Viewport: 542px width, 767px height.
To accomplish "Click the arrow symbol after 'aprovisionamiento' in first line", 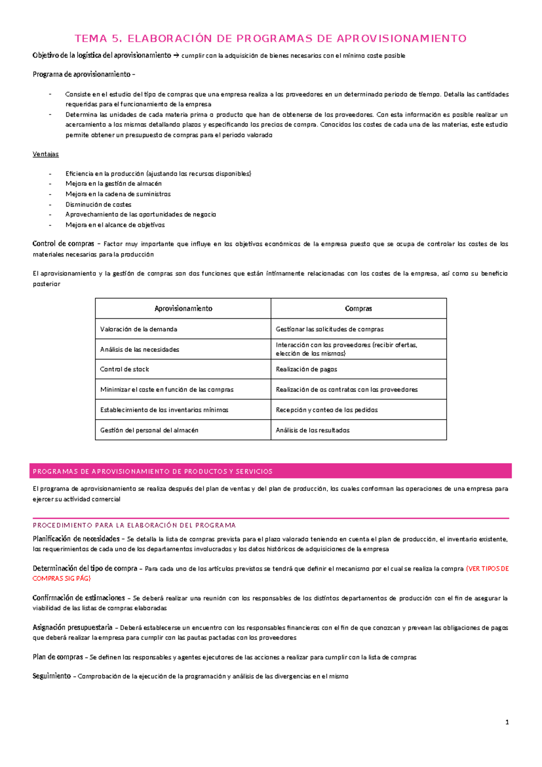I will coord(176,56).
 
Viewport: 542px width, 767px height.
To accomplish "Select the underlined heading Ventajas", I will coord(46,154).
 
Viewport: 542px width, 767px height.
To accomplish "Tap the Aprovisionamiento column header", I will coord(183,308).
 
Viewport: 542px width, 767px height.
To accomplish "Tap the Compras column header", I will coord(358,308).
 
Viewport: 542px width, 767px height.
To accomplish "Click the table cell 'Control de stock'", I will coord(125,369).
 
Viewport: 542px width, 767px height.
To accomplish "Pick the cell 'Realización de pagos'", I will coord(306,369).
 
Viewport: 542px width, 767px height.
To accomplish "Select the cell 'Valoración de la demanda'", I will coord(139,329).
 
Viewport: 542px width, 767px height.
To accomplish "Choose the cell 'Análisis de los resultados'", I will coord(313,430).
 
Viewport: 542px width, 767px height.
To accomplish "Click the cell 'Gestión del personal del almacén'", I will coord(149,430).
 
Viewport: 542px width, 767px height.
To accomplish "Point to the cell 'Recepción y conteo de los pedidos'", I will coord(327,410).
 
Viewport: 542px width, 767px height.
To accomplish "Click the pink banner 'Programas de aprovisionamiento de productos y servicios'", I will coord(270,471).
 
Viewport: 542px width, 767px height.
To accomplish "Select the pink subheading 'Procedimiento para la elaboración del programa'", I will coord(134,526).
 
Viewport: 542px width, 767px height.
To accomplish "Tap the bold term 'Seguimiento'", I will coord(51,676).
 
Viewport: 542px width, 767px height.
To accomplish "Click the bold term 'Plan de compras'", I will coord(57,657).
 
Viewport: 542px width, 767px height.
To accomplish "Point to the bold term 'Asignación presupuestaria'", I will coord(72,627).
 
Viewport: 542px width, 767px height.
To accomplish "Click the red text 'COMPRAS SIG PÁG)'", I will coord(61,578).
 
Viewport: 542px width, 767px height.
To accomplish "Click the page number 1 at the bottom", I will coord(507,722).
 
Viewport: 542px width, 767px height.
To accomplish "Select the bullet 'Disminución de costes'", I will coord(98,204).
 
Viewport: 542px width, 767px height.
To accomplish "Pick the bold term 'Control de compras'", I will coord(63,244).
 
